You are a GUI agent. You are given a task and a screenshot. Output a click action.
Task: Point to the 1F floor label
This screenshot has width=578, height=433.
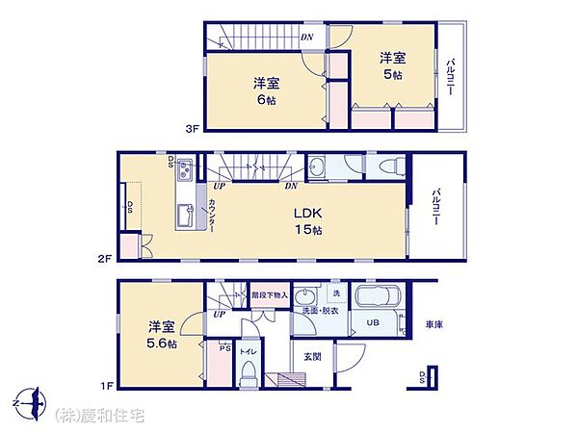pos(110,386)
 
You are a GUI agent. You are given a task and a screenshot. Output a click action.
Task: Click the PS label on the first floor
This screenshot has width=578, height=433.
pos(223,348)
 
